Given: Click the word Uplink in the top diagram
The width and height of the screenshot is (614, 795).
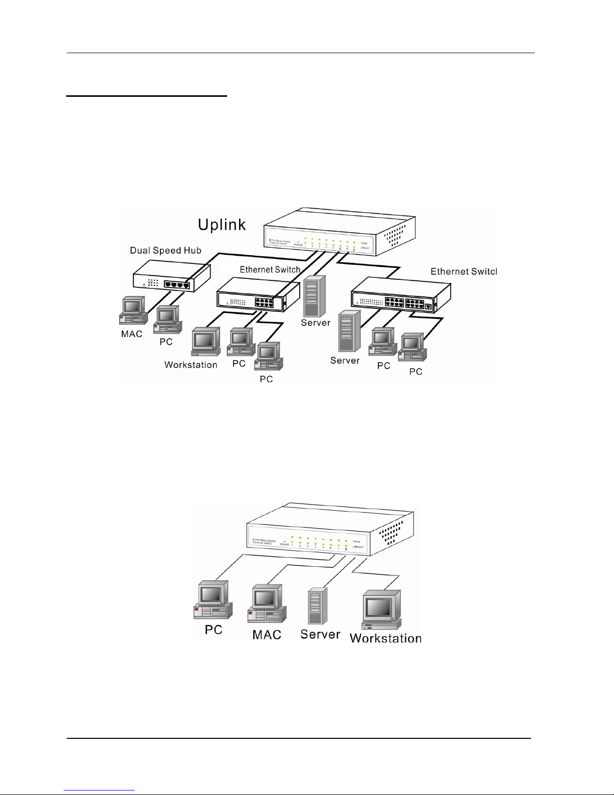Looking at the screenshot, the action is [222, 224].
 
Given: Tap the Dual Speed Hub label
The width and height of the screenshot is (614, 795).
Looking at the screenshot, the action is [165, 250].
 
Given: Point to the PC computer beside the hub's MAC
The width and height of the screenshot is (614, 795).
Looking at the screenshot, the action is [167, 321].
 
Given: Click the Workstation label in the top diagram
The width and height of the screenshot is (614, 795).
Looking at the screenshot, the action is [190, 365].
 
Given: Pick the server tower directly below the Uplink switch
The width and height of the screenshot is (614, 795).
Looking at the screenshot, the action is [314, 295].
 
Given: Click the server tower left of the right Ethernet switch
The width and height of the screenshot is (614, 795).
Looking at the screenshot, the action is [349, 331].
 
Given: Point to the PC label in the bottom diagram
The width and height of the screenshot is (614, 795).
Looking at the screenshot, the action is [214, 629].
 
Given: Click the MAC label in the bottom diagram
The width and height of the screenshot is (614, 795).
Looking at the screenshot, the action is [267, 634].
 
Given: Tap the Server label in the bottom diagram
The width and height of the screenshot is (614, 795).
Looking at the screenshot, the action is [320, 634].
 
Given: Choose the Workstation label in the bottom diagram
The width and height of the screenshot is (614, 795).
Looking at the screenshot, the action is [385, 639].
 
